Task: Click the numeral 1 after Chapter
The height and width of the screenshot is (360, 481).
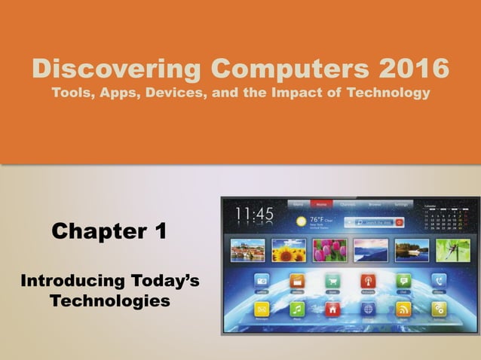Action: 159,232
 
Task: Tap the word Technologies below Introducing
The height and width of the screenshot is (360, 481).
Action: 110,301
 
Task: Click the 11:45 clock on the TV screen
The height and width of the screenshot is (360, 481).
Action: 254,215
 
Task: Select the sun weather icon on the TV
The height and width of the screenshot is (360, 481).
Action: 302,222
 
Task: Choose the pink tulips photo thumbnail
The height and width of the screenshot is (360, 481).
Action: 329,249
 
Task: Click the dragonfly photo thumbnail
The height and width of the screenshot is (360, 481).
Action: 452,249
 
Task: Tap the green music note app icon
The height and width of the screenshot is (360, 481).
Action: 298,309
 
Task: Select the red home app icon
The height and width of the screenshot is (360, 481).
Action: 333,309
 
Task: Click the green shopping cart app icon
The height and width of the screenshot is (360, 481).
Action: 333,279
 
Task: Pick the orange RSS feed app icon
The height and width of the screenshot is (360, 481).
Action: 403,309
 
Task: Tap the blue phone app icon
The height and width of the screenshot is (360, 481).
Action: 439,279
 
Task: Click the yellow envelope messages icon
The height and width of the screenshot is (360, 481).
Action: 262,309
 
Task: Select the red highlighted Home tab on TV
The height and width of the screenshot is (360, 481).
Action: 321,204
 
